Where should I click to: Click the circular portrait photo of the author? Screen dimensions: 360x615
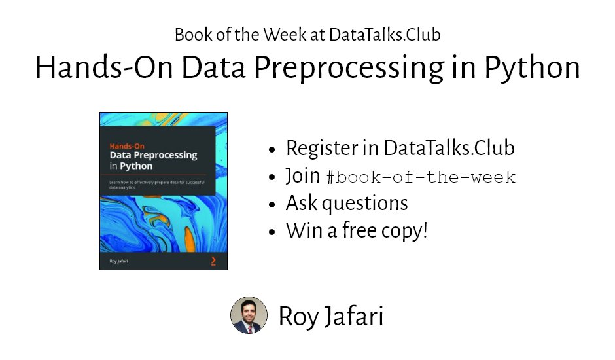(x=249, y=315)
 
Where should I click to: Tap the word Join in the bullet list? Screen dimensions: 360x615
(x=303, y=177)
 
